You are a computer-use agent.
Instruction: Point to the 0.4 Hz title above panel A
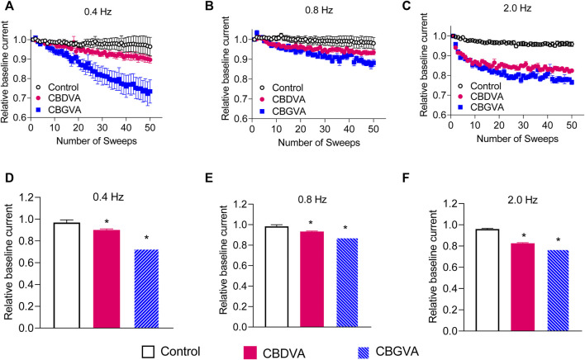[x=94, y=13]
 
